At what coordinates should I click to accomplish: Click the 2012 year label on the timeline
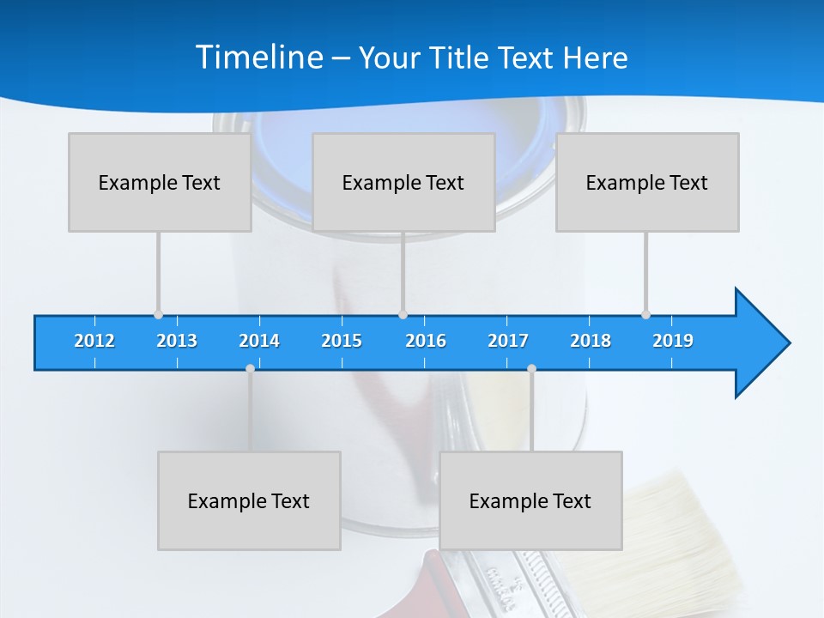pos(94,341)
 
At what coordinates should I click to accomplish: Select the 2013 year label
pos(177,341)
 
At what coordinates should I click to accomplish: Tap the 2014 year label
pos(259,341)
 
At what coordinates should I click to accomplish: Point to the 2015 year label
pos(342,341)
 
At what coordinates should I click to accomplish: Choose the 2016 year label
pos(426,341)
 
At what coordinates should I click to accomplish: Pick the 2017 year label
pos(508,341)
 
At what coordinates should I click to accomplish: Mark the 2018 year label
pos(591,341)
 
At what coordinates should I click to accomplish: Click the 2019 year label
pos(673,341)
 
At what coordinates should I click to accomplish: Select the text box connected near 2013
pos(160,182)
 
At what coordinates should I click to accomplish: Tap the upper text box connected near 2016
pos(403,182)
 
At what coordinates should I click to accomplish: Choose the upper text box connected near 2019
pos(647,182)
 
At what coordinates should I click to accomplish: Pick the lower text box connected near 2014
pos(249,500)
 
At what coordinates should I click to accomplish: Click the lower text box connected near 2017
pos(530,500)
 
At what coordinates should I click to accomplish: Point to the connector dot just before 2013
pos(158,314)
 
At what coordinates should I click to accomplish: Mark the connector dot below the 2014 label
pos(250,368)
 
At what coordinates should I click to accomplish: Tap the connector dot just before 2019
pos(645,314)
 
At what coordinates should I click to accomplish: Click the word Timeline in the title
pos(259,58)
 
